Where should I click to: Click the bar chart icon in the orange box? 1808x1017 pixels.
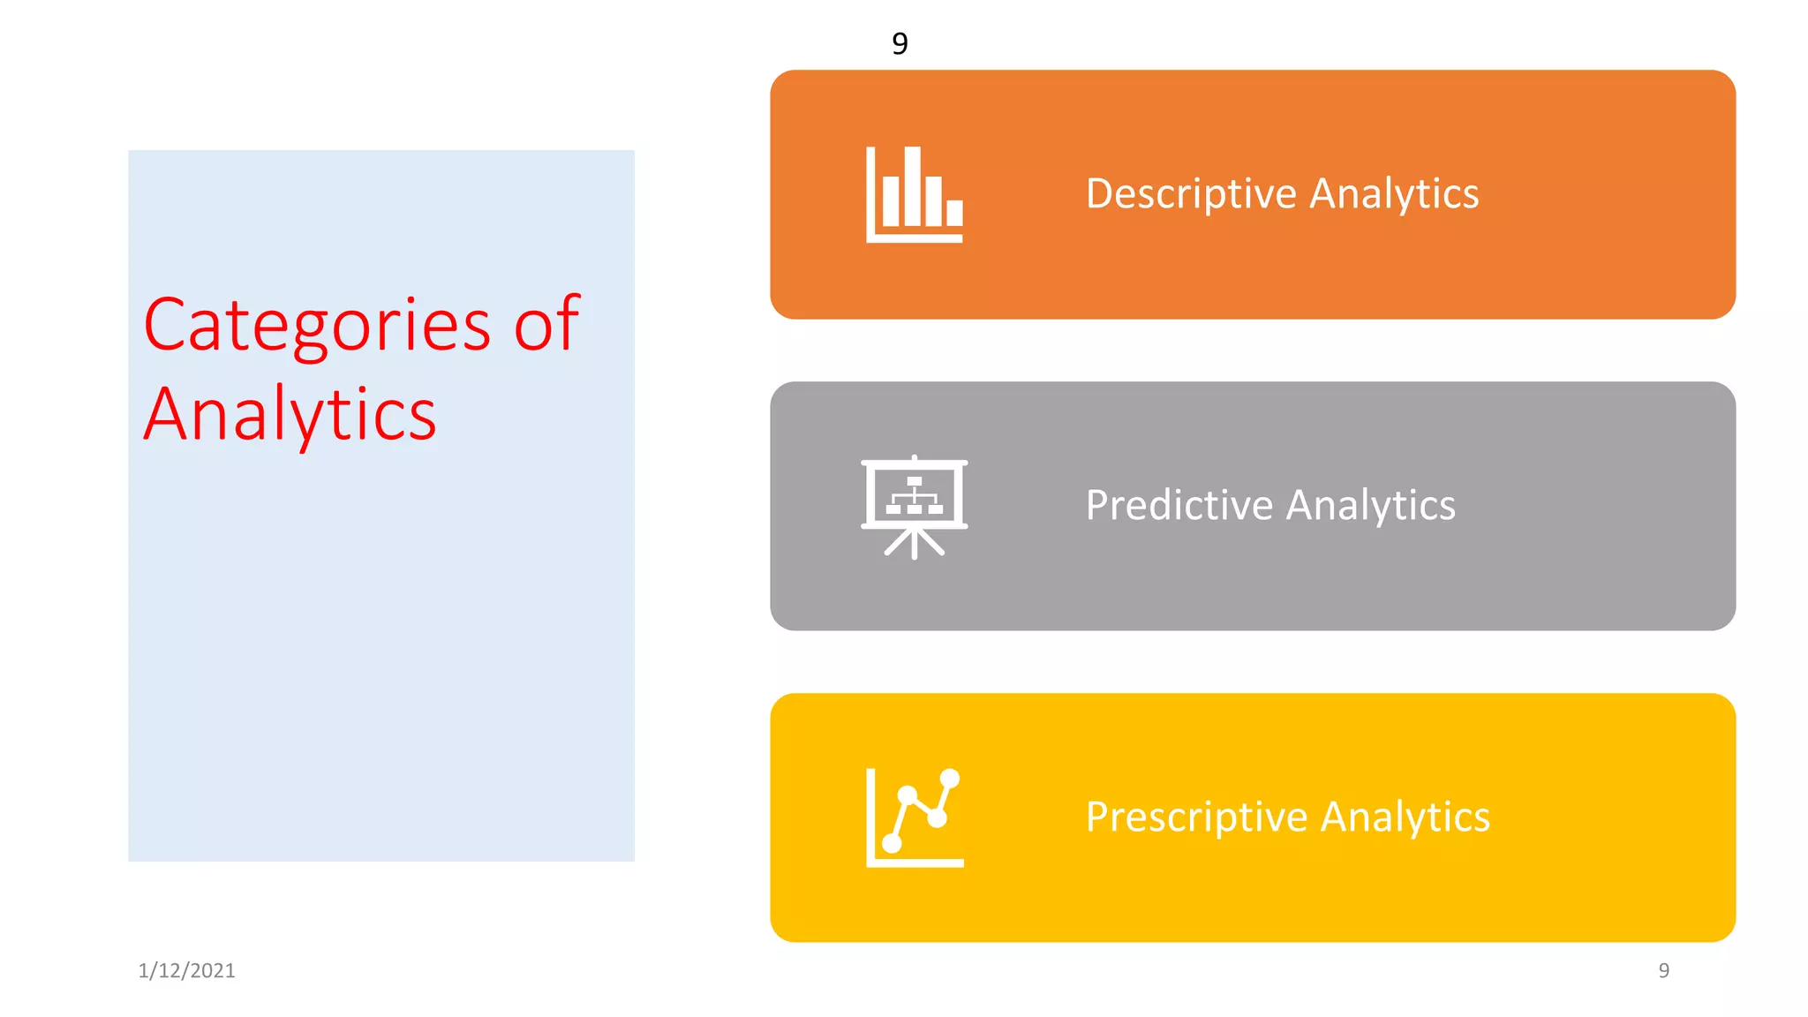tap(915, 195)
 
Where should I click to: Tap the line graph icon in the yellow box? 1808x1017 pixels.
tap(915, 817)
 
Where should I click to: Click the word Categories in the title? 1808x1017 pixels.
tap(316, 325)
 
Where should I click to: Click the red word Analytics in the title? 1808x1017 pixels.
tap(290, 414)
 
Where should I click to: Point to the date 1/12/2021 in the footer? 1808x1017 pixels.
tap(186, 971)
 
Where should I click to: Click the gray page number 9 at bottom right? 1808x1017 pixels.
tap(1663, 971)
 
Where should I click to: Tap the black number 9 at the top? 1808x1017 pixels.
tap(900, 43)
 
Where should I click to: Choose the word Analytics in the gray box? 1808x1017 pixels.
tap(1370, 506)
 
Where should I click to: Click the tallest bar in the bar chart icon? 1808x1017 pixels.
tap(913, 186)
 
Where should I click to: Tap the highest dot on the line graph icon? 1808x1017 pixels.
tap(950, 779)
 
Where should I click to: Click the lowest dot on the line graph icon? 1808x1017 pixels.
tap(892, 844)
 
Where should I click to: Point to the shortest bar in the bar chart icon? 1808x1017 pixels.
tap(954, 213)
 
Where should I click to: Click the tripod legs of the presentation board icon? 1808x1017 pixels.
tap(915, 543)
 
